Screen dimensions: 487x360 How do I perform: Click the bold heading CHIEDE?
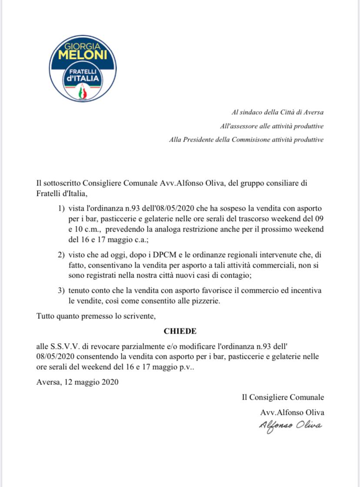coord(180,331)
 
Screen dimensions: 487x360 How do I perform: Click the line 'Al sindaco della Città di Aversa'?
coord(277,112)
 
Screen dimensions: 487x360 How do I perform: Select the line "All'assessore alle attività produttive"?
coord(272,126)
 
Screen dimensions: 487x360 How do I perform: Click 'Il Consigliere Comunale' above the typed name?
coord(283,397)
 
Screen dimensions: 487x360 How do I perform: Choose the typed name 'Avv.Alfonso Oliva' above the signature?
coord(292,412)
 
